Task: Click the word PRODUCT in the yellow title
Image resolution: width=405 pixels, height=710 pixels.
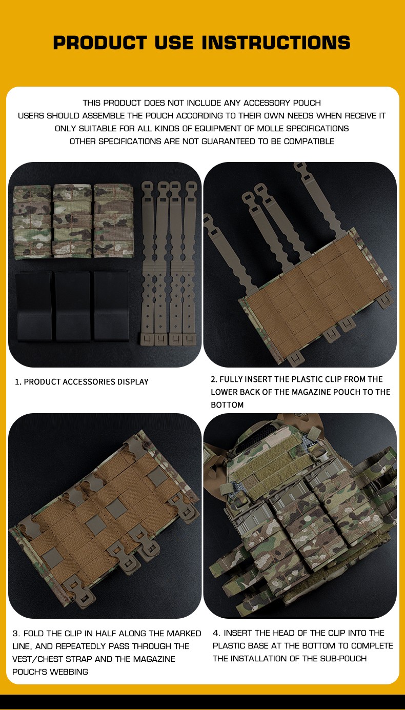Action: tap(100, 43)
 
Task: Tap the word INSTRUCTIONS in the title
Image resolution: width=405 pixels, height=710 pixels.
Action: tap(276, 43)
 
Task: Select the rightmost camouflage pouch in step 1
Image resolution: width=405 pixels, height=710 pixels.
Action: tap(113, 220)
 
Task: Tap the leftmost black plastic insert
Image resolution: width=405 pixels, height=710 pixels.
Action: tap(34, 306)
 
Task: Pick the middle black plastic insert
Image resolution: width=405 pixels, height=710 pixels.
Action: tap(73, 306)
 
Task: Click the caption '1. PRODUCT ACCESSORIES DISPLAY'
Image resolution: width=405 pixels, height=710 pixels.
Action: tap(82, 382)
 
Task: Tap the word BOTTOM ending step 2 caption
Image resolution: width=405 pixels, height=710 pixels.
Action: tap(227, 405)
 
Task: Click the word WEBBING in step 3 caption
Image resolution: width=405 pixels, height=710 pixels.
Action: tap(69, 672)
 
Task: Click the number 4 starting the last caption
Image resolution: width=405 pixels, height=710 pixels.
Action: tap(216, 633)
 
